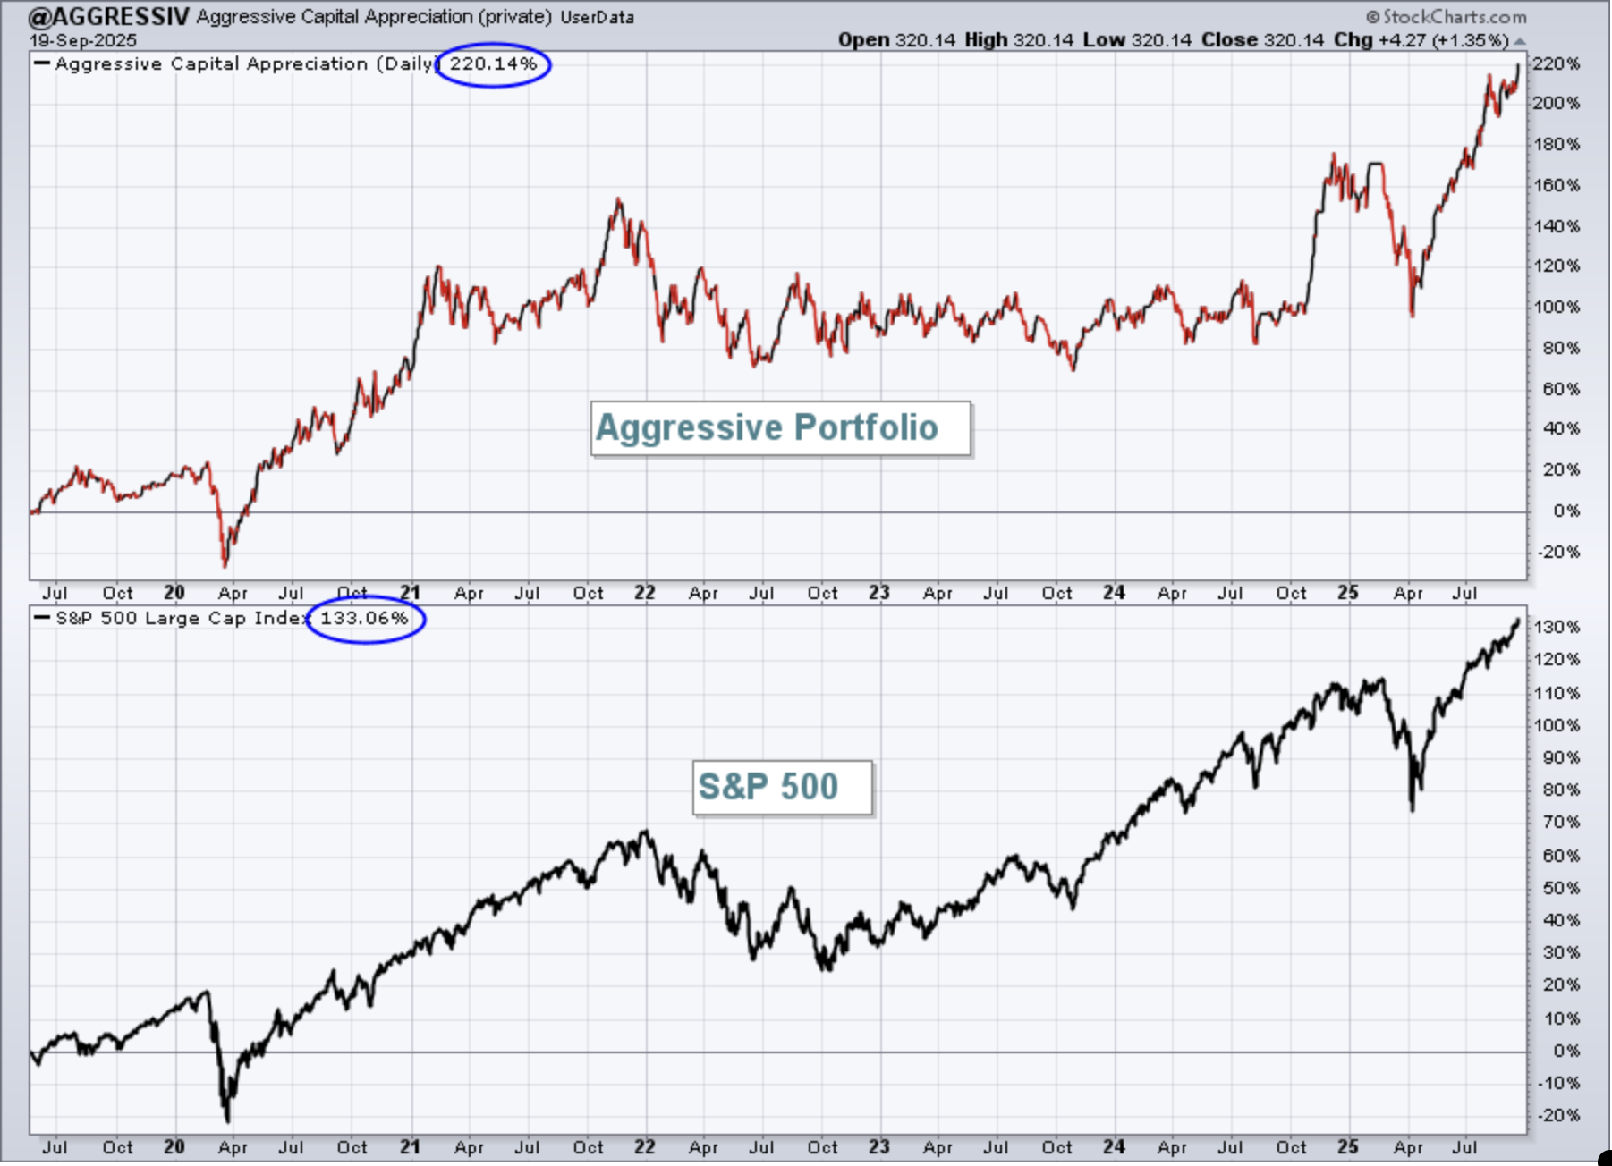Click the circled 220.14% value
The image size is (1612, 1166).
pos(493,63)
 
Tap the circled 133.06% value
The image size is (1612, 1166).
pos(364,618)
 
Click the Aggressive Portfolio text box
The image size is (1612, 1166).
pos(780,428)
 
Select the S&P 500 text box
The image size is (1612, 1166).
pos(782,788)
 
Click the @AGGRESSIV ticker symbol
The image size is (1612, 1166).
pos(109,17)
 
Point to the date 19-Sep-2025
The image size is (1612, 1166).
pos(83,40)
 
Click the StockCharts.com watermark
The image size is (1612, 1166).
pos(1447,17)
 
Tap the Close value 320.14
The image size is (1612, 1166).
pos(1294,40)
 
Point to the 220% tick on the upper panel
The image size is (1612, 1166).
pos(1557,63)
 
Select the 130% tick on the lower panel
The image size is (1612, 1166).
pos(1557,627)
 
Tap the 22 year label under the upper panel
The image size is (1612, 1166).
pos(645,593)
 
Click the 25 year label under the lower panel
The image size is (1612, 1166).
pos(1348,1146)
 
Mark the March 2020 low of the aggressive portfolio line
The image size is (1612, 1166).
pos(225,566)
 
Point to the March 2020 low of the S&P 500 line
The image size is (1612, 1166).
pos(227,1121)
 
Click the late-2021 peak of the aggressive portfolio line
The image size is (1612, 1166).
pos(619,199)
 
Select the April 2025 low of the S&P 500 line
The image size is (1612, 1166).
pos(1412,810)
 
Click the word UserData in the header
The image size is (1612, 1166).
pos(597,17)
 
